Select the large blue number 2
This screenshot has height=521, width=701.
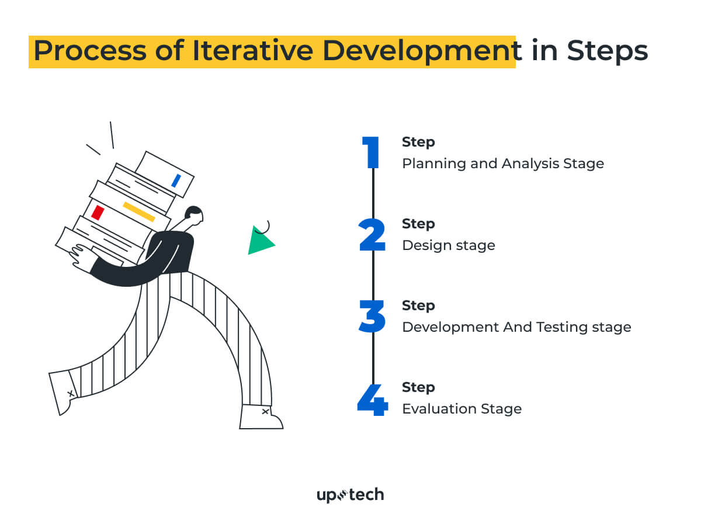pos(372,235)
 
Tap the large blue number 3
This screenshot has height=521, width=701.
pos(372,317)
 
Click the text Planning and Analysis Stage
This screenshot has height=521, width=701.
pos(502,164)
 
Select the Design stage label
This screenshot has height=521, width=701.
pos(448,245)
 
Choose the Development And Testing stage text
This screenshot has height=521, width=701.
pos(516,327)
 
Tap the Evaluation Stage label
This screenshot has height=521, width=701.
pos(461,409)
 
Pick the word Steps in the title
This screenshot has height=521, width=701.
pos(607,51)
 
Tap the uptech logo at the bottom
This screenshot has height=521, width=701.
pos(350,495)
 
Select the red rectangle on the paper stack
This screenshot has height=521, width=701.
pos(98,212)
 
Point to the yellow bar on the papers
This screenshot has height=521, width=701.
pos(139,211)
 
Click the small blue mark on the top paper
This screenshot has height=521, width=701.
pos(176,180)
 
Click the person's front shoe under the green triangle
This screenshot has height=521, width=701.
pos(261,416)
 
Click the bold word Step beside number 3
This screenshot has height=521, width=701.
pos(418,305)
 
